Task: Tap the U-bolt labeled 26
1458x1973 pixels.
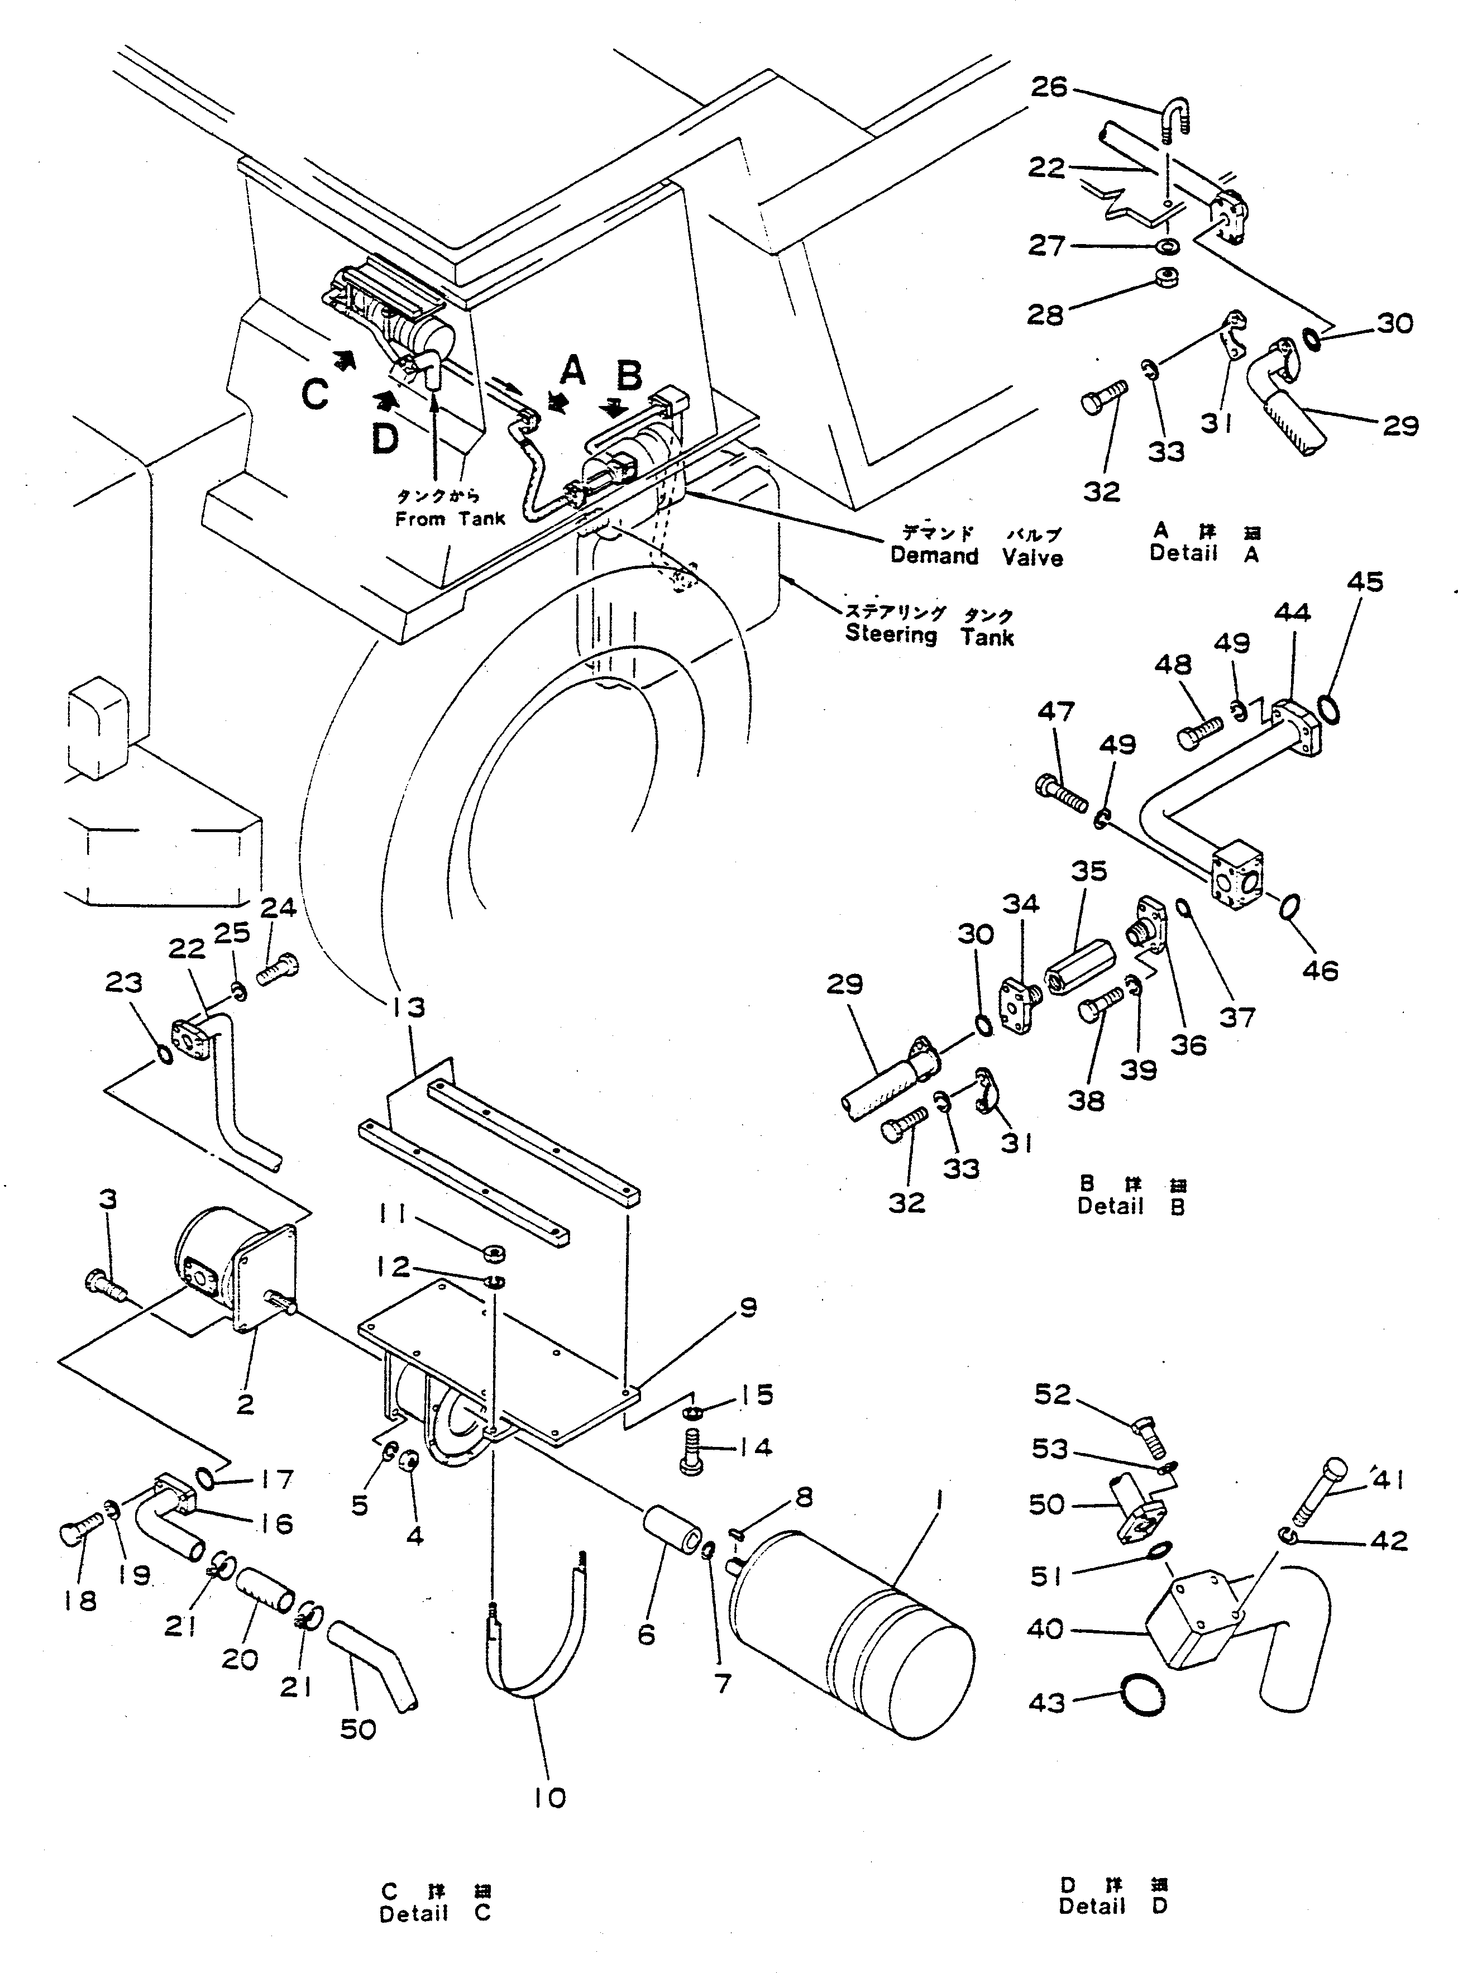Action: (1177, 121)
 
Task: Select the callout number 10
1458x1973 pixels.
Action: (549, 1798)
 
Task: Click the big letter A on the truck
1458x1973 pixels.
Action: (573, 371)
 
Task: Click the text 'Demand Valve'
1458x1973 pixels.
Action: (976, 556)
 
